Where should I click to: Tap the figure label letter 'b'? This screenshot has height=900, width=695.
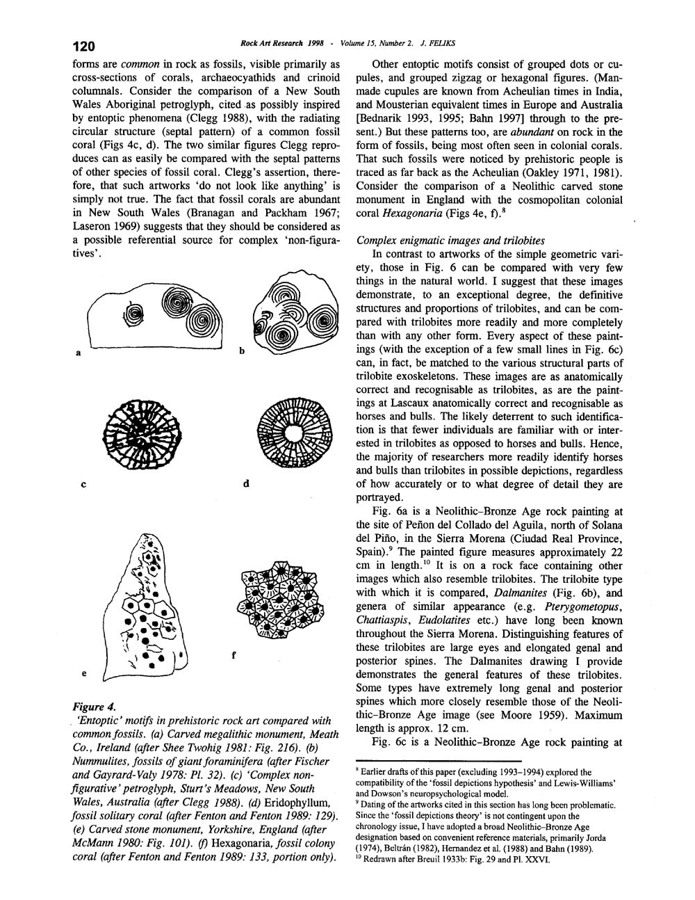[x=242, y=351]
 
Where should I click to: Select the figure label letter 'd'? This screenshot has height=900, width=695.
[x=246, y=483]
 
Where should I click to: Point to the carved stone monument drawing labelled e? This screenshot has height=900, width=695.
[x=145, y=605]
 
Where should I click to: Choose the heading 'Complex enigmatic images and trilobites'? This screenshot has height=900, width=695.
[x=450, y=240]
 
